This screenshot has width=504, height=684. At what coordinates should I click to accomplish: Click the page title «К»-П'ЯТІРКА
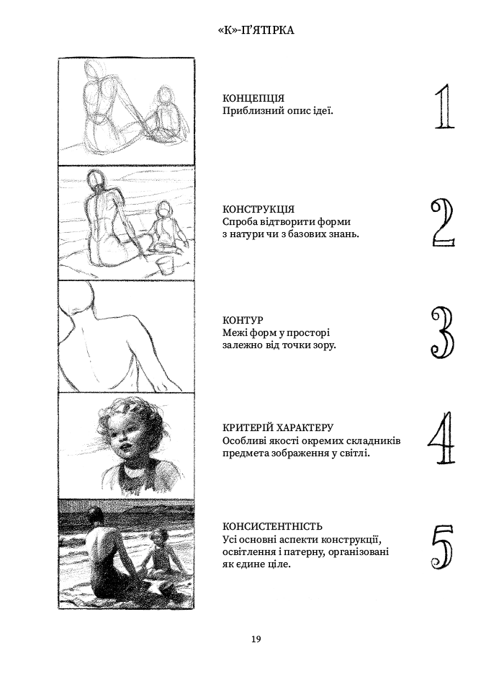[x=256, y=30]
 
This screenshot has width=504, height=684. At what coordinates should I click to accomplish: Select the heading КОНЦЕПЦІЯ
[x=253, y=98]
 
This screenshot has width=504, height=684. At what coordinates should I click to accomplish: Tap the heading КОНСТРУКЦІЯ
[x=258, y=210]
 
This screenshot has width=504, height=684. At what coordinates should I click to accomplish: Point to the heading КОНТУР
[x=243, y=321]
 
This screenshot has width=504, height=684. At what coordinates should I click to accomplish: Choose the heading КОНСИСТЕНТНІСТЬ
[x=272, y=527]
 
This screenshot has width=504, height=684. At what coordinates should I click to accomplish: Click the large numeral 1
[x=444, y=107]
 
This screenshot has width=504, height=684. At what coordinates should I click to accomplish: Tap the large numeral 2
[x=443, y=223]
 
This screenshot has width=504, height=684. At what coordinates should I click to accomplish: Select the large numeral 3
[x=442, y=332]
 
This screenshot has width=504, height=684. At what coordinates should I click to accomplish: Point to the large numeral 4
[x=441, y=438]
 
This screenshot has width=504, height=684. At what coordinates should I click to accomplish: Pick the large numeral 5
[x=443, y=546]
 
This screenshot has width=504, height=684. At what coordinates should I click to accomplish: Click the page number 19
[x=256, y=639]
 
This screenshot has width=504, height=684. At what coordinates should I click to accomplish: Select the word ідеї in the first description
[x=323, y=110]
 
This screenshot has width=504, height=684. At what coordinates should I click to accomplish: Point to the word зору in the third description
[x=325, y=345]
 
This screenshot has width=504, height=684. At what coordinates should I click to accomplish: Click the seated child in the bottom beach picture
[x=161, y=552]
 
